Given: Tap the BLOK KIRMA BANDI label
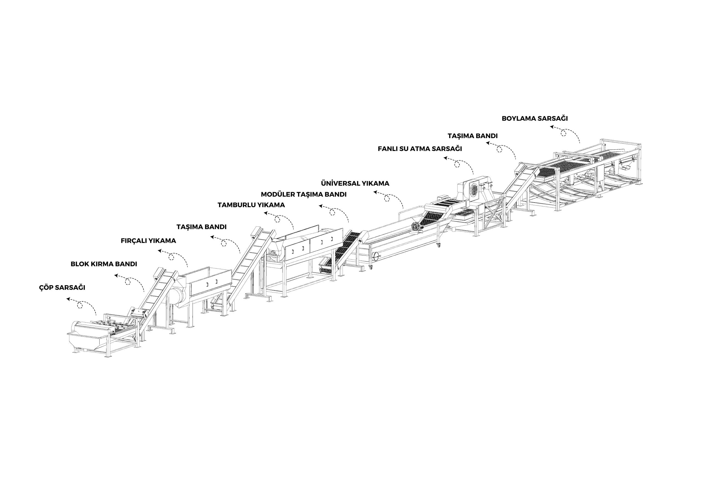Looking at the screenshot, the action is pyautogui.click(x=104, y=264).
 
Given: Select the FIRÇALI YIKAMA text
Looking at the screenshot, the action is pyautogui.click(x=148, y=241).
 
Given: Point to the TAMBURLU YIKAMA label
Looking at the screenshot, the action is pyautogui.click(x=251, y=205).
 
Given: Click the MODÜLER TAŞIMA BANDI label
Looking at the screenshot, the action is pyautogui.click(x=304, y=194).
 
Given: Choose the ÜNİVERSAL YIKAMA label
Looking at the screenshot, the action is pyautogui.click(x=355, y=183).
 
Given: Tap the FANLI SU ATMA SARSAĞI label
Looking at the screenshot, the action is pyautogui.click(x=420, y=149).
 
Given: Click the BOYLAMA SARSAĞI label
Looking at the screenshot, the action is pyautogui.click(x=535, y=118).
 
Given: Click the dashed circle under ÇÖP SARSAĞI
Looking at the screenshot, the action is pyautogui.click(x=80, y=305).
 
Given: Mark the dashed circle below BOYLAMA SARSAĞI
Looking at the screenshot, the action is pyautogui.click(x=564, y=133).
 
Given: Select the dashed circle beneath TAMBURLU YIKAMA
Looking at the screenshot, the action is pyautogui.click(x=277, y=219).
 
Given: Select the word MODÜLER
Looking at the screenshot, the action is pyautogui.click(x=278, y=194).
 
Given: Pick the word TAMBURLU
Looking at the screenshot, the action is pyautogui.click(x=237, y=205).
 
